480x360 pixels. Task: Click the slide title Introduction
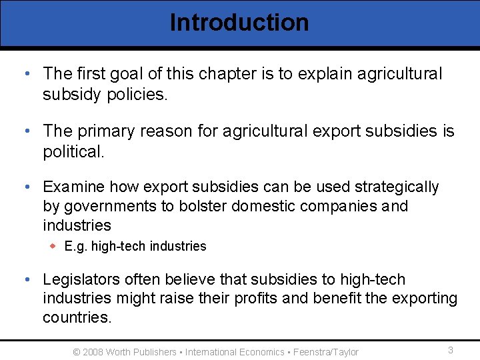[x=239, y=22]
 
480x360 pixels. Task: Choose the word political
[x=73, y=152]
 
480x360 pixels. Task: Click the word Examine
[x=73, y=187]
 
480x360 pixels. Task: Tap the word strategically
[x=397, y=187]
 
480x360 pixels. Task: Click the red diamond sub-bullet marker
[x=54, y=246]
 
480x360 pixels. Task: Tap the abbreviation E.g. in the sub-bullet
[x=76, y=247]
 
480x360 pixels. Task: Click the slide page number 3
[x=451, y=350]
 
